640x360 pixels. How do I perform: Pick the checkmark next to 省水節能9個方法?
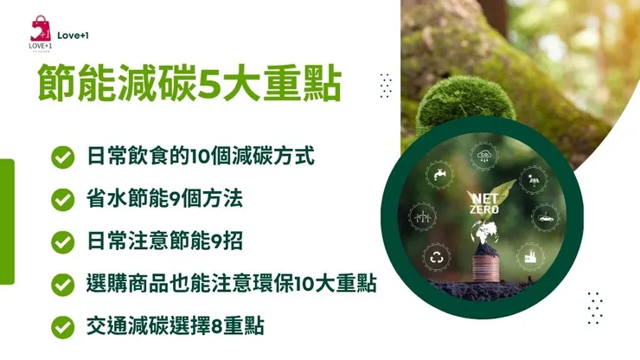[61, 199]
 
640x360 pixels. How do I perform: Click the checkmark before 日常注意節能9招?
[61, 241]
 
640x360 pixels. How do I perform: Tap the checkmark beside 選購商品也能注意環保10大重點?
[61, 284]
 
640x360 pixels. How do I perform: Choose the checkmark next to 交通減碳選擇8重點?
[61, 326]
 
